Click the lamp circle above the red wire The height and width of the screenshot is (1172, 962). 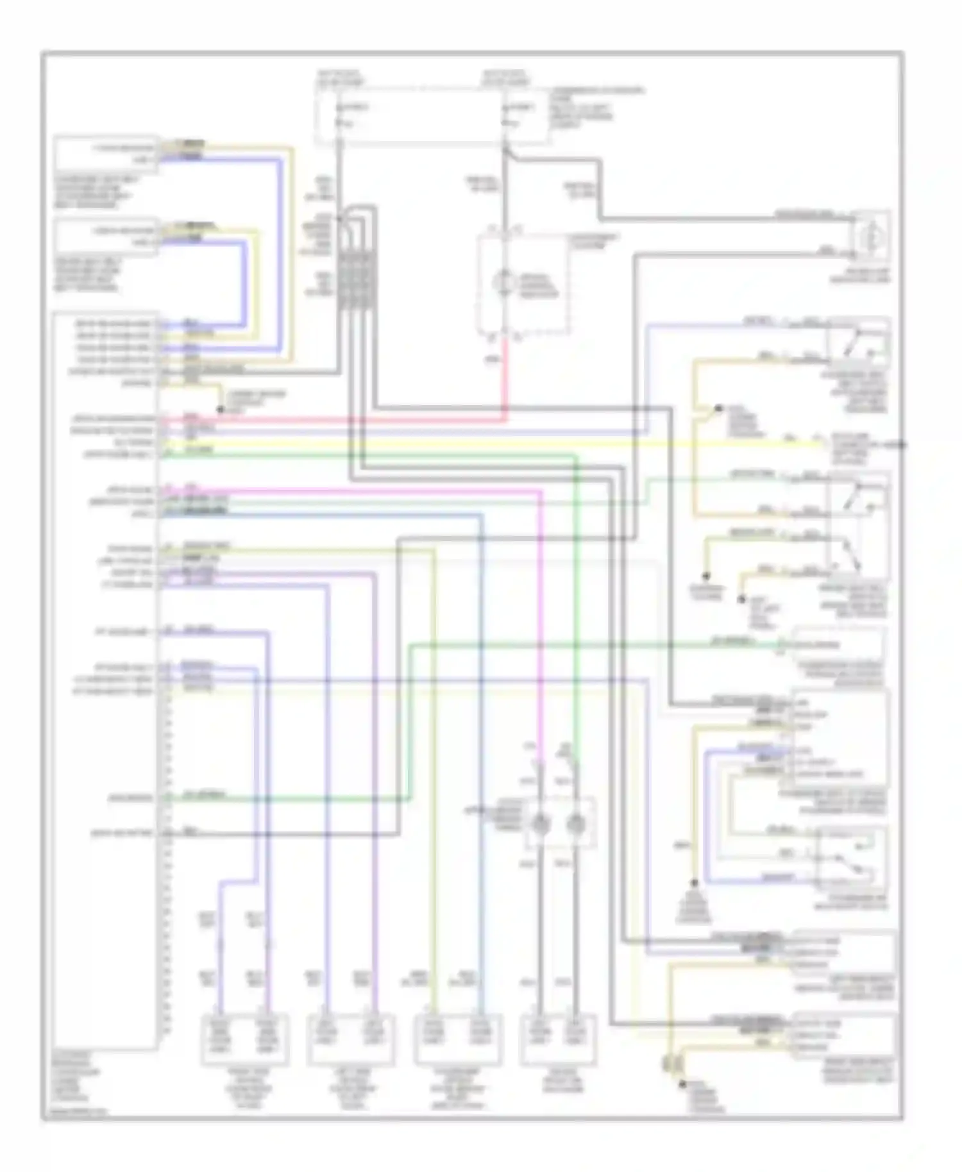pos(503,283)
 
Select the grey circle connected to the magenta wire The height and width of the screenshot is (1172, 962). pos(541,825)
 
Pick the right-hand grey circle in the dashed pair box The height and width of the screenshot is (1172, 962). pos(575,825)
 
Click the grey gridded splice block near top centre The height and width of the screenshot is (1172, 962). pos(357,281)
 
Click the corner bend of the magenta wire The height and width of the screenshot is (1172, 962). pos(540,492)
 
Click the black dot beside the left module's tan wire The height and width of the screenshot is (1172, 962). pos(220,409)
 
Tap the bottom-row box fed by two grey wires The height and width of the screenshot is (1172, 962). pos(557,1039)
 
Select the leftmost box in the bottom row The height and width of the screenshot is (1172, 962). pos(244,1039)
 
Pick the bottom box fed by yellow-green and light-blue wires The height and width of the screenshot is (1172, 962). pos(457,1039)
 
